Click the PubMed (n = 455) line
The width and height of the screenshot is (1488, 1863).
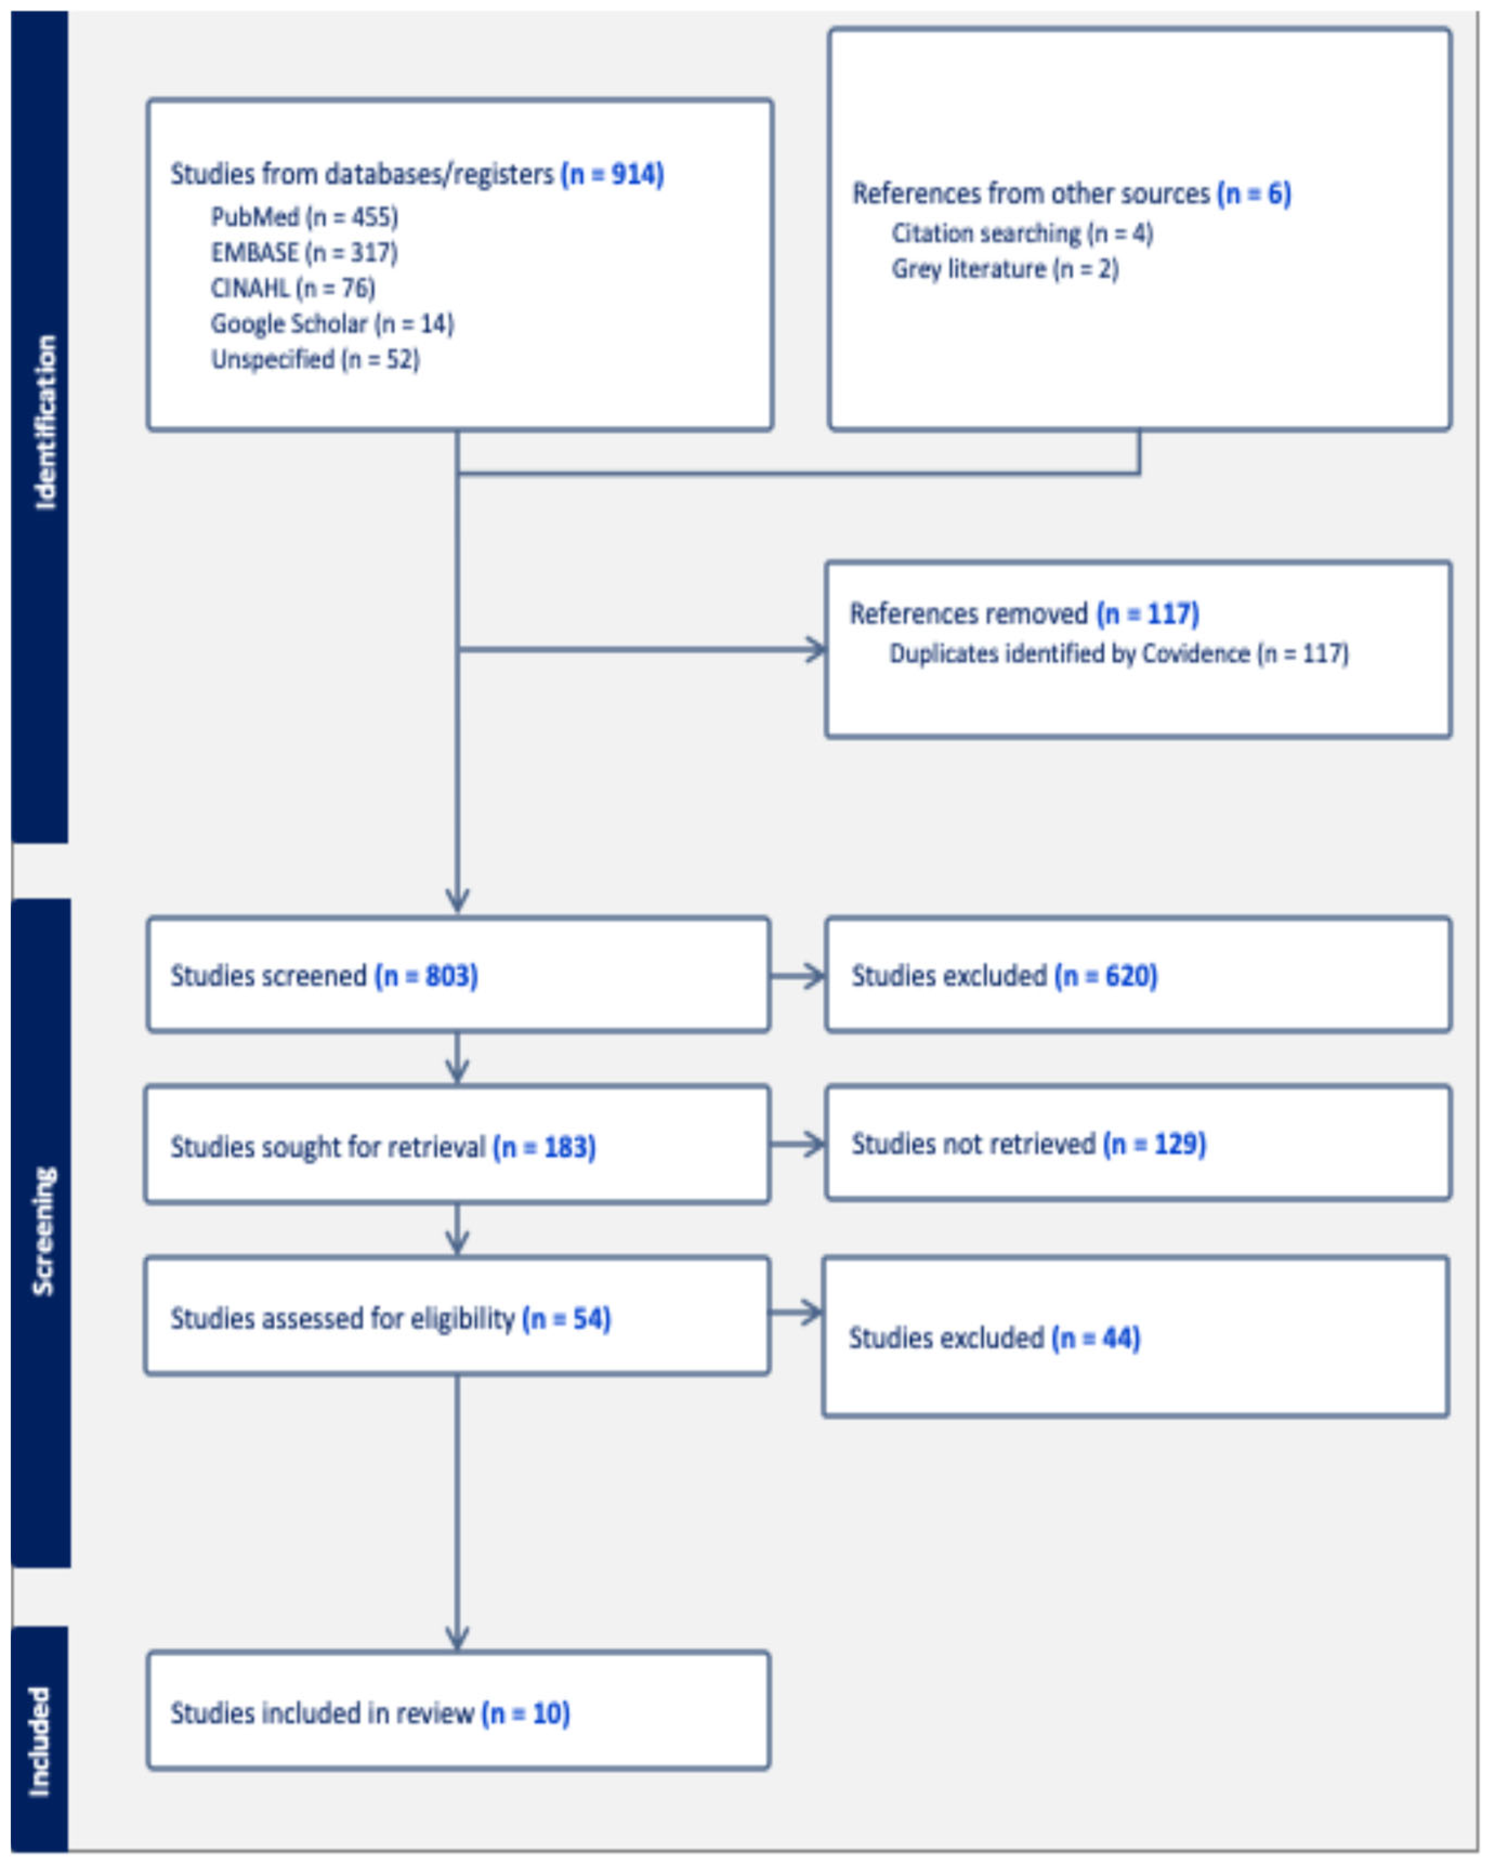click(304, 217)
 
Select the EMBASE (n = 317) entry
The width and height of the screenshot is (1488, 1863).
click(304, 253)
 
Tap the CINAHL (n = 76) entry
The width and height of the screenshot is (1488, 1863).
click(293, 288)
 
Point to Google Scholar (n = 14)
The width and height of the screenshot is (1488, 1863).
click(332, 324)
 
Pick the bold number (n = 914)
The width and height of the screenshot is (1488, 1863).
click(612, 174)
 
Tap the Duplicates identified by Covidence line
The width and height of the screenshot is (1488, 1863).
click(1118, 653)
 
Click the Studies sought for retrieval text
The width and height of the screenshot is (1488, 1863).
click(328, 1147)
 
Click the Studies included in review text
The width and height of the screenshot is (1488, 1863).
click(322, 1713)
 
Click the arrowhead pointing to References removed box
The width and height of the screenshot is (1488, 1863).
click(815, 650)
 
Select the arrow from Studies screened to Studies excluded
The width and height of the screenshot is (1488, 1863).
click(797, 977)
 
